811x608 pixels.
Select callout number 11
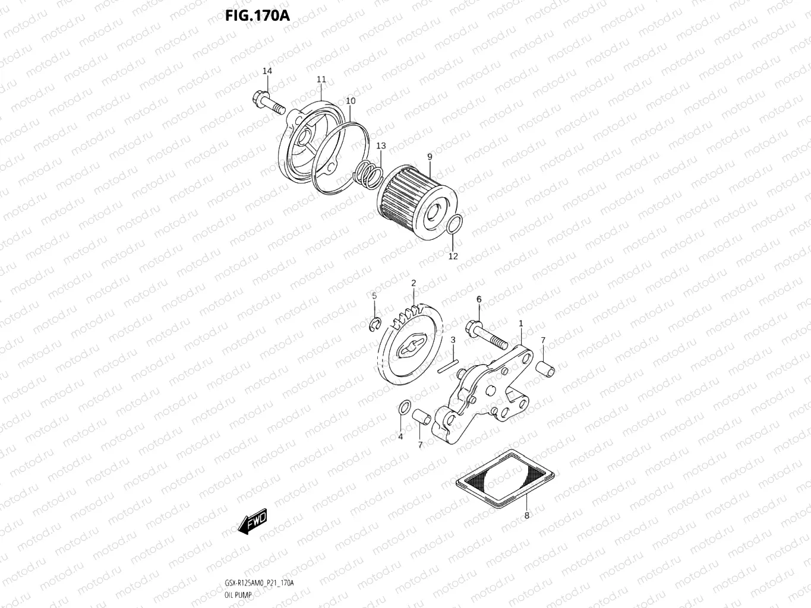coord(321,80)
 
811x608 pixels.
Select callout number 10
coord(351,101)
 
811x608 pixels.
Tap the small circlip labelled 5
coord(374,324)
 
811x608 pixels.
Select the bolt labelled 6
coord(485,333)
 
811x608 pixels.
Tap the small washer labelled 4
coord(402,408)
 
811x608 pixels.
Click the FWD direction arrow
coord(252,522)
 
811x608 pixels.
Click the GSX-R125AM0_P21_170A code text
coord(258,583)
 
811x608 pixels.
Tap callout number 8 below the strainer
coord(526,515)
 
